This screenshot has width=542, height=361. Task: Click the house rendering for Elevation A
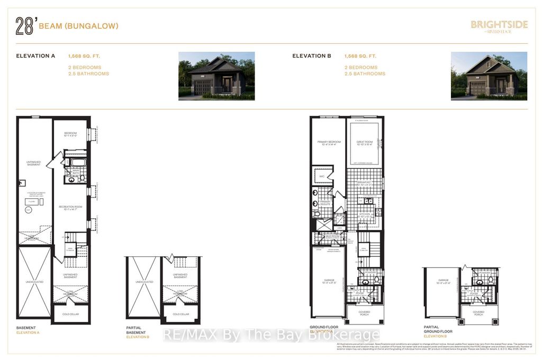216,76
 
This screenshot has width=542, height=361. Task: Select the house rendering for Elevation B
489,76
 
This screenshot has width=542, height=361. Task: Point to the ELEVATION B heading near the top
312,55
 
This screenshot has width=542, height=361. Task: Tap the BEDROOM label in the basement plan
71,133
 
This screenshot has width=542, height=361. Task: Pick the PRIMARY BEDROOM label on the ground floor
328,142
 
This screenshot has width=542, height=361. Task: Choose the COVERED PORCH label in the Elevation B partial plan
478,312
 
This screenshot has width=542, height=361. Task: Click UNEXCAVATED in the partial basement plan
142,282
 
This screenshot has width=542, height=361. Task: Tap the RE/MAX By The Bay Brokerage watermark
270,335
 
